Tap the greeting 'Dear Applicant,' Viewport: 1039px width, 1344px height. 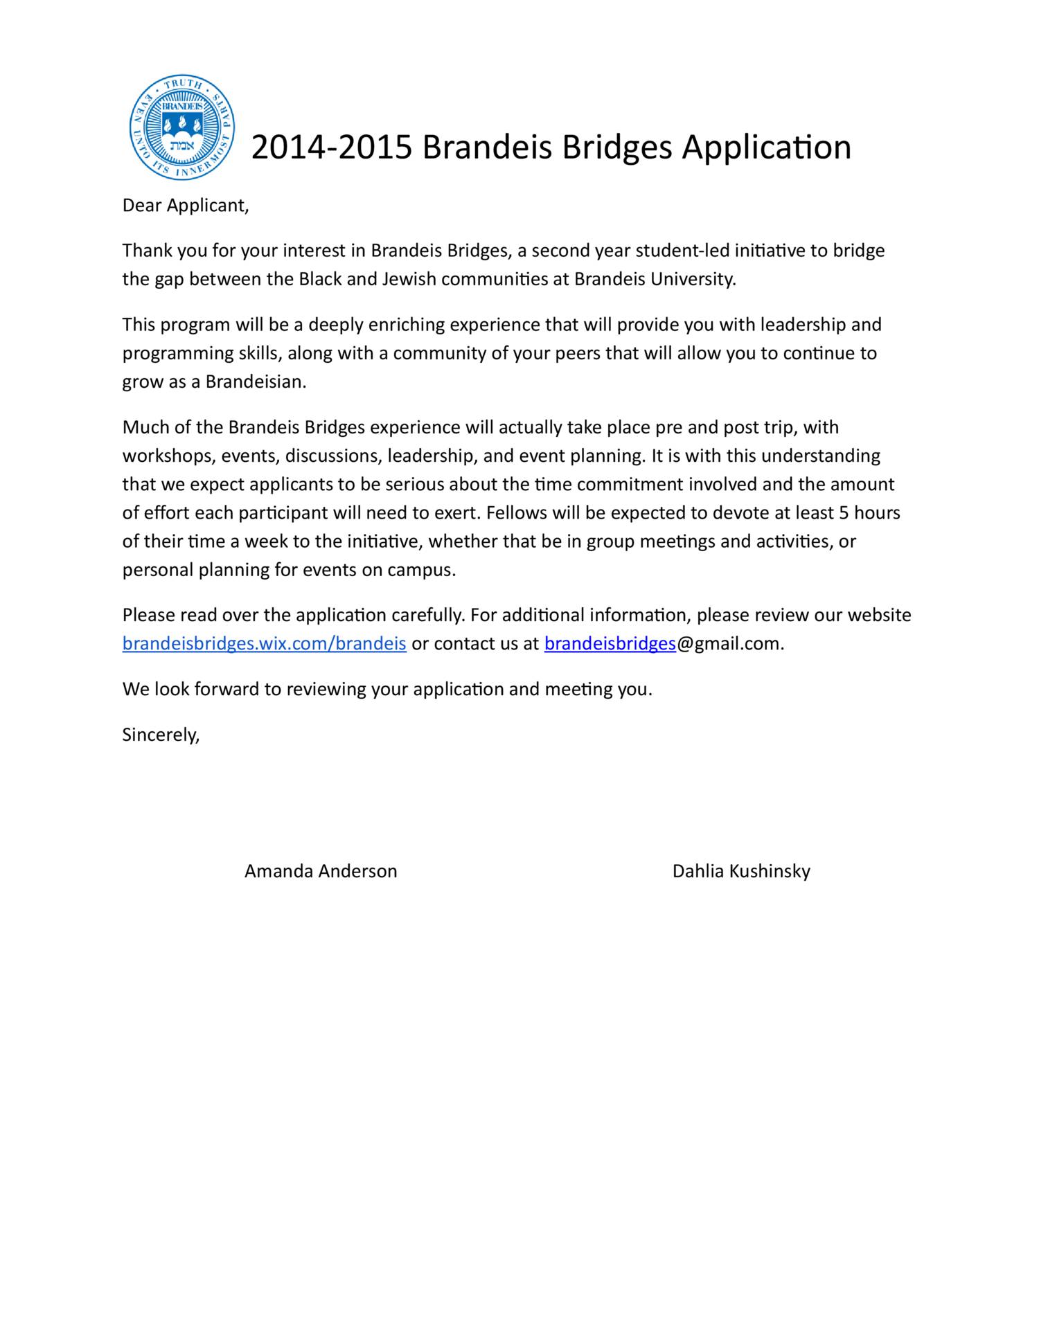click(x=185, y=206)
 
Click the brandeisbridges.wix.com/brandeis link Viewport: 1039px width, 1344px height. click(x=264, y=644)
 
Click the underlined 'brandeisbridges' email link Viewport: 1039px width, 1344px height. click(x=610, y=644)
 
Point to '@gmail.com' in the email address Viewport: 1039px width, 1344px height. click(x=730, y=644)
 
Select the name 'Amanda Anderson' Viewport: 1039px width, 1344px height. click(x=321, y=871)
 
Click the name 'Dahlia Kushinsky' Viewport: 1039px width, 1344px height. click(x=741, y=871)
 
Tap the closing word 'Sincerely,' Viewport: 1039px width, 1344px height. click(x=161, y=735)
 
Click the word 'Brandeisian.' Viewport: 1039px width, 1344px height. click(x=256, y=382)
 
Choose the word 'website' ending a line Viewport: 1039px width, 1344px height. click(x=879, y=615)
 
